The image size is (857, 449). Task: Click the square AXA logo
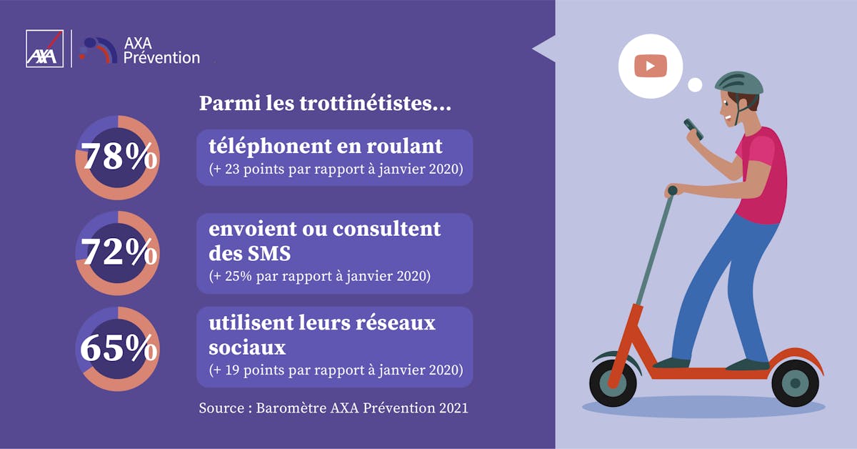44,49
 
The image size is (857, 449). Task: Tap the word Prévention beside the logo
161,58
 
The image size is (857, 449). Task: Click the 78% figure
119,157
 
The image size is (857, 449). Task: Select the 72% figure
119,252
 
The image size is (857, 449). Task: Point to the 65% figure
119,348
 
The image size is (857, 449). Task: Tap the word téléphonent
270,147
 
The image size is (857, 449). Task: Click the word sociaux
247,348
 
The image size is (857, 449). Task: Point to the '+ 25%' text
232,276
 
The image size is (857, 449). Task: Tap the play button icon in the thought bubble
651,66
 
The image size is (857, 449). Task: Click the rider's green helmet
738,84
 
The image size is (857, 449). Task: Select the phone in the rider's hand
693,129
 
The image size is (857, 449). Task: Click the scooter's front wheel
613,383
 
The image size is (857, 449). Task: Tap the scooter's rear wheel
796,383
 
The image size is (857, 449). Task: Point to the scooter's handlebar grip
672,190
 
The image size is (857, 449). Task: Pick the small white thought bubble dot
695,84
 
